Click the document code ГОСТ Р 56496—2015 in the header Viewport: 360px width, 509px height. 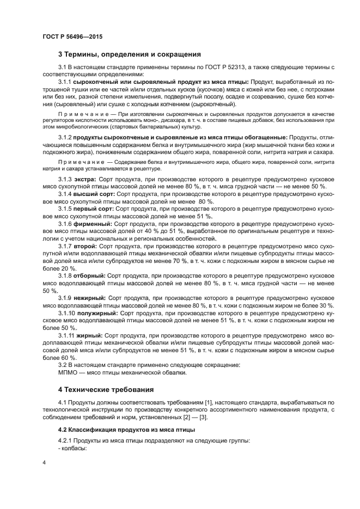pyautogui.click(x=72, y=36)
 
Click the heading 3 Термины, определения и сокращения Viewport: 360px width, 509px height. pyautogui.click(x=130, y=54)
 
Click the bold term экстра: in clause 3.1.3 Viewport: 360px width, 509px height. pyautogui.click(x=86, y=179)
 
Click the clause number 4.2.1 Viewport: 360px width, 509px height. pyautogui.click(x=65, y=440)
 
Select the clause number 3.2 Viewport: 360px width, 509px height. pyautogui.click(x=62, y=365)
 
